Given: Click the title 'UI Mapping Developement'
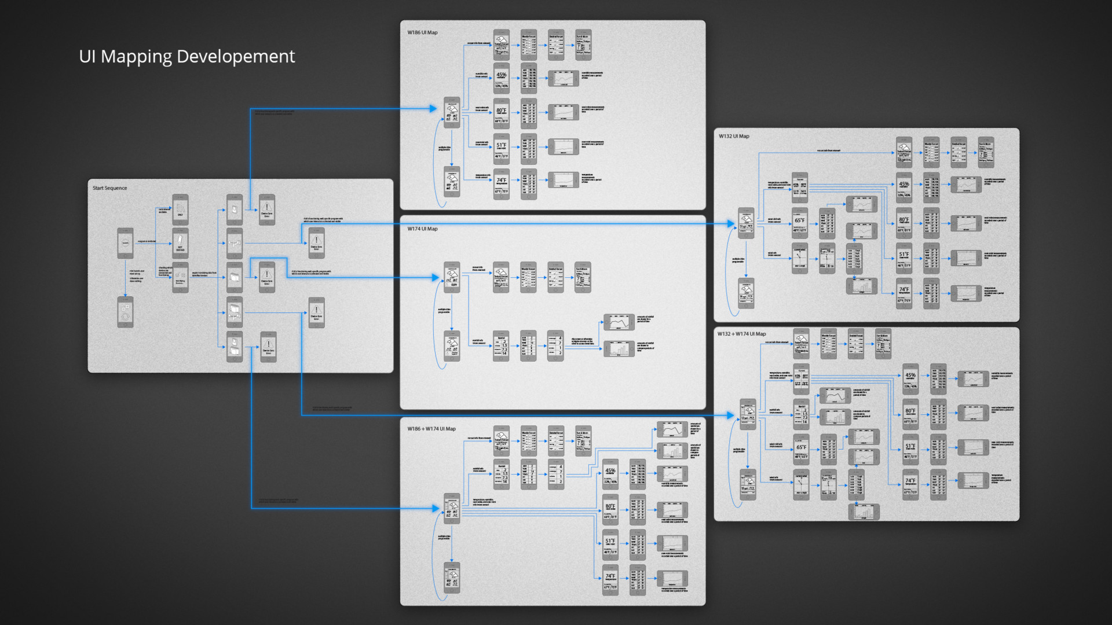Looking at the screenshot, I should pos(186,56).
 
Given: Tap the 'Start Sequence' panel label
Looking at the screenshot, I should pos(109,188).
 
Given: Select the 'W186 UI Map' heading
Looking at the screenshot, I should pos(422,32).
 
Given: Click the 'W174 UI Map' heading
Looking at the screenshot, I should pos(422,229).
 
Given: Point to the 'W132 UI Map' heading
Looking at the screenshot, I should pos(734,137).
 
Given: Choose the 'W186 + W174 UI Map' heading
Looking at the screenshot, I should pos(431,429).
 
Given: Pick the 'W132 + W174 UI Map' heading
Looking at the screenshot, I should pos(741,334).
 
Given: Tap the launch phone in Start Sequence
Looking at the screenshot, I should pos(125,243).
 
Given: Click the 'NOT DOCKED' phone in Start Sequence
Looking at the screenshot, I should pos(180,243).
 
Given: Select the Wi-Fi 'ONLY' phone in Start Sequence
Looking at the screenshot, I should pos(180,209).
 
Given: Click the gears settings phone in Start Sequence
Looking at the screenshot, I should pos(125,312).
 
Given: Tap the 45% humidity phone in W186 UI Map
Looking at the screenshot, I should pos(502,79).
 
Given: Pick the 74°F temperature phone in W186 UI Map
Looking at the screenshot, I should pos(502,184).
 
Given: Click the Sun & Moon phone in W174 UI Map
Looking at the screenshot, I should pos(583,277).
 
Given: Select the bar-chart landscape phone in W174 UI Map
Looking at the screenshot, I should pos(619,348).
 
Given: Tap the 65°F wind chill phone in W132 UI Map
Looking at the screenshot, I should pos(800,223).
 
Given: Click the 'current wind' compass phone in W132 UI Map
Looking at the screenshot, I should pos(800,258).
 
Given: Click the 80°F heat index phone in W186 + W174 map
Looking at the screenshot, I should pos(610,510).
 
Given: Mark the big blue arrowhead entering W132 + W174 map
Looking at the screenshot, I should pos(731,415).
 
